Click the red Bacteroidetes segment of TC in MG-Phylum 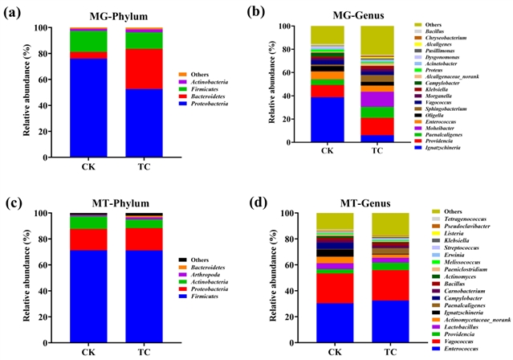tap(144, 69)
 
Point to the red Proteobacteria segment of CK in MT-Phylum tap(88, 239)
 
